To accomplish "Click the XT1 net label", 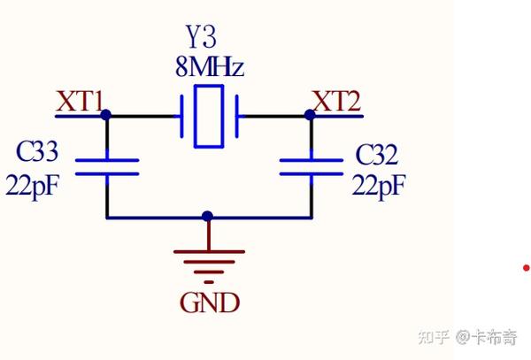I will [80, 101].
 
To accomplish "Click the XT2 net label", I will [337, 101].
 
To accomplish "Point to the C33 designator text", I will [37, 153].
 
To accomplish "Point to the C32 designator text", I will [378, 156].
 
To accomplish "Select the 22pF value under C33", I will [37, 185].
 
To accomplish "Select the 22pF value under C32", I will [379, 186].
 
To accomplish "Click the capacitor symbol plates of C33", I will [107, 168].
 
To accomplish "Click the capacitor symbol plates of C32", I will [311, 168].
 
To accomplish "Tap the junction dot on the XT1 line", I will [106, 115].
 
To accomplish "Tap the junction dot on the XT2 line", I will [310, 115].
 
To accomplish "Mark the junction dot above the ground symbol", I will [207, 216].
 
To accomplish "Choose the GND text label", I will [209, 303].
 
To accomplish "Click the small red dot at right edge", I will [526, 267].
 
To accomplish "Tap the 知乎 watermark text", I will [433, 337].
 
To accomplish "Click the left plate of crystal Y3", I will [181, 115].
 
